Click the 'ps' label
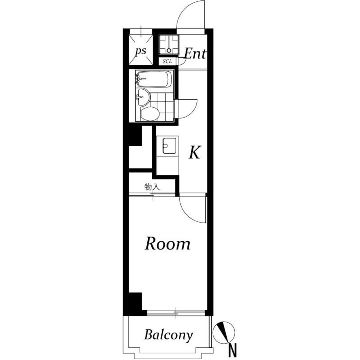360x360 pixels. coord(141,51)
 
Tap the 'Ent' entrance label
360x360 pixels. coord(195,54)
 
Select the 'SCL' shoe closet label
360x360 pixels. coord(167,62)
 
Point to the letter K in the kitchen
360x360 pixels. coord(195,152)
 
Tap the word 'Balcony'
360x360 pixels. coord(168,335)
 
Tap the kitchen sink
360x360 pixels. coord(169,146)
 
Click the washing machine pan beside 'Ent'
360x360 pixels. coord(169,45)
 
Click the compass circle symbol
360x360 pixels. coord(224,333)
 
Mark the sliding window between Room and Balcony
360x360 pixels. coord(176,313)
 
